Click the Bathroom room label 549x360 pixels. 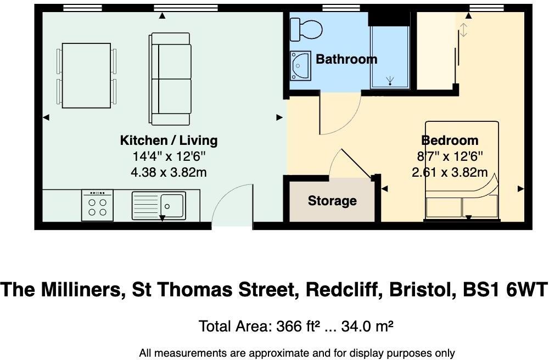(x=346, y=59)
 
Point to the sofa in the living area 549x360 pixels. (x=170, y=79)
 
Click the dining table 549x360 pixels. (x=87, y=76)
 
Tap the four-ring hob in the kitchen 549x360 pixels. (x=97, y=205)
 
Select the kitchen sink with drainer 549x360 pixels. (x=159, y=205)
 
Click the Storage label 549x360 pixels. (x=332, y=201)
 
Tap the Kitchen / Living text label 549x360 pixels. (x=169, y=140)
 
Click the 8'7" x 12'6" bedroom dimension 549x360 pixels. (x=450, y=156)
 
